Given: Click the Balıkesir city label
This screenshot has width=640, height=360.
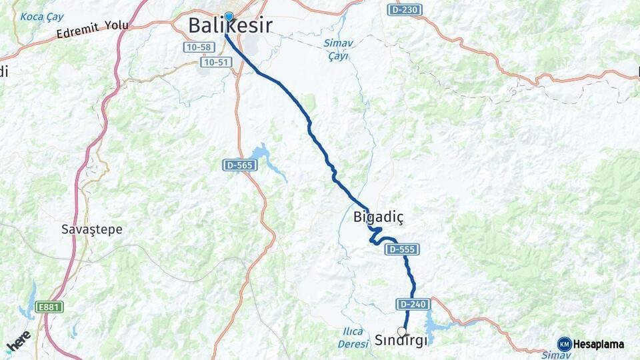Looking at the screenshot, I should [x=230, y=26].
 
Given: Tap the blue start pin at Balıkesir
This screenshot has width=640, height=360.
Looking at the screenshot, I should [x=229, y=17].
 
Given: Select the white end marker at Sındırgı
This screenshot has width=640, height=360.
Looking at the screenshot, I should [x=401, y=331].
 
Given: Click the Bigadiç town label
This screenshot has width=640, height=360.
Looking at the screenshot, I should [x=379, y=217].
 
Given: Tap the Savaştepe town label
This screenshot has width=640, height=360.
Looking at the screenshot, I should [x=92, y=229].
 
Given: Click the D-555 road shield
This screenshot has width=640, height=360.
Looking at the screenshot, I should [x=401, y=249].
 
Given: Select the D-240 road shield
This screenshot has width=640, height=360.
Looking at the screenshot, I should [x=411, y=304].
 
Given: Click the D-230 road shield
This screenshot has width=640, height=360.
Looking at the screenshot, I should [x=405, y=10].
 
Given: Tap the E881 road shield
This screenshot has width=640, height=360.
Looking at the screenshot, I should [x=49, y=307].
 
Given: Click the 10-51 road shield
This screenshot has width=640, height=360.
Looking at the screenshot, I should [x=215, y=61].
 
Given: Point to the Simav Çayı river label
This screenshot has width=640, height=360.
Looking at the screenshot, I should [x=339, y=50].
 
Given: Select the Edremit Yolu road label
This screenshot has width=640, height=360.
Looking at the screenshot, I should [x=93, y=28].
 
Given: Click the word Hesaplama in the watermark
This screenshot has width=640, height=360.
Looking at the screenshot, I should [x=599, y=345].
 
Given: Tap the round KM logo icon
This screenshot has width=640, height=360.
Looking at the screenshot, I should [x=565, y=345].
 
